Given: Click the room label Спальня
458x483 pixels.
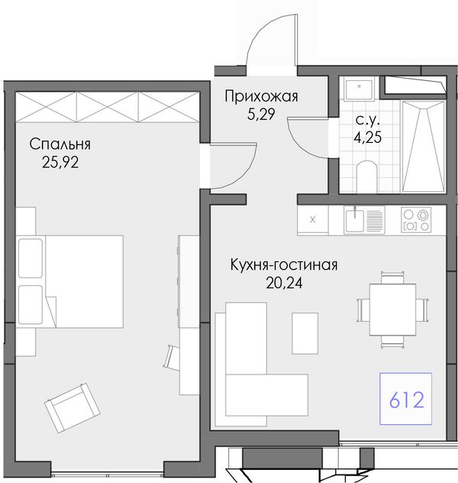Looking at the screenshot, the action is pos(60,144).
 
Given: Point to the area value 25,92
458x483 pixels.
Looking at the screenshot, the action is pos(60,162).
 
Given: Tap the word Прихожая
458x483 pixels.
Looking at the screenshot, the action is pos(261,96).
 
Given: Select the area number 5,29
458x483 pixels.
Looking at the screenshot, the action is pos(261,115).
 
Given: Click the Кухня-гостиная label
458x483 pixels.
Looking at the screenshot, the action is pos(284,264).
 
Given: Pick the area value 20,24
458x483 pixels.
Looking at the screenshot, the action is pos(284,283).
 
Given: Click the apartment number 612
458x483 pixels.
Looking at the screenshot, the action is pos(407,400).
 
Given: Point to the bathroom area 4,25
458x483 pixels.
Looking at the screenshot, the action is pos(368,138).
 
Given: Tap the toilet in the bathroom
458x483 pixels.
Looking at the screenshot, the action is pos(367,177).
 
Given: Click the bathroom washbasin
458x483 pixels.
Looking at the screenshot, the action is pos(360,89).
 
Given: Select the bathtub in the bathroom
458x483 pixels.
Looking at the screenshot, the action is pos(423,146).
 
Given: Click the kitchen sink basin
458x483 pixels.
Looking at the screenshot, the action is pos(354,221).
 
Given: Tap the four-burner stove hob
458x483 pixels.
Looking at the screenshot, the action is pos(416,219).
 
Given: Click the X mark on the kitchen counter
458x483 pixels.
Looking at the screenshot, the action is pos(312,219).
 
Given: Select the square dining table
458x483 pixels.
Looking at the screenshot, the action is pos(392,310).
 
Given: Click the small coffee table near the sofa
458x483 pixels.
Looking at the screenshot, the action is pos(305,333).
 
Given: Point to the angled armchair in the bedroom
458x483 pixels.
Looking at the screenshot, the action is pos(73,408).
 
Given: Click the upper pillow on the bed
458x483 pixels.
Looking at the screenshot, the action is pos(31,258).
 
